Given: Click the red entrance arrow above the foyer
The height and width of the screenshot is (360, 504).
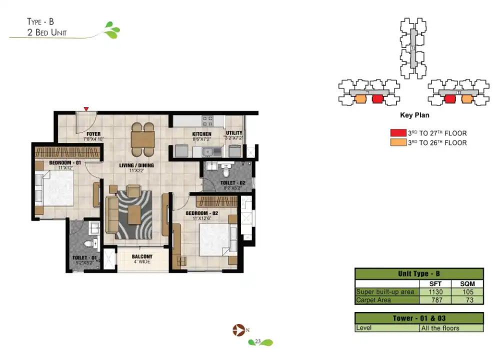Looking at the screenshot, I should tap(86, 108).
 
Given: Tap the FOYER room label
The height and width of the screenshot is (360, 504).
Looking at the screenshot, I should tap(93, 134).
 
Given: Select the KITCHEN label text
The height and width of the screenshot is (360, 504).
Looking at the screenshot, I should tap(202, 134).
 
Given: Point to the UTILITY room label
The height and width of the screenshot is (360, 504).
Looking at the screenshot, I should tap(233, 133).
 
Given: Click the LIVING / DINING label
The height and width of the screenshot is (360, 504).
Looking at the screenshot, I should tap(136, 165).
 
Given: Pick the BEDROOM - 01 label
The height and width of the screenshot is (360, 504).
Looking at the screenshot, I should tap(65, 163).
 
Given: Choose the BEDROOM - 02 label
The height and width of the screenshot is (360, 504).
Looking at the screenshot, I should tap(202, 213).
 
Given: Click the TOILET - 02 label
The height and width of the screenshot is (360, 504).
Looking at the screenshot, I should tap(232, 183).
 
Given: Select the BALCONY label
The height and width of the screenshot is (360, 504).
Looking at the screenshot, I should tap(142, 257).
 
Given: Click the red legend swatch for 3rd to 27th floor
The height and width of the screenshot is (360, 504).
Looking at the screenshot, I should tap(397, 133).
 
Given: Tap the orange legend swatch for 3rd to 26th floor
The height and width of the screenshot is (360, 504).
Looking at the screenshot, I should tap(397, 142).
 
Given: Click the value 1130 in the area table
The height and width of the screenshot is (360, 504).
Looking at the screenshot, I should tap(434, 291).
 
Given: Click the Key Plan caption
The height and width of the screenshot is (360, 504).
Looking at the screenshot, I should tap(414, 115).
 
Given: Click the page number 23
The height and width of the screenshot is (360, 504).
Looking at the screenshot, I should tap(258, 342).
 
